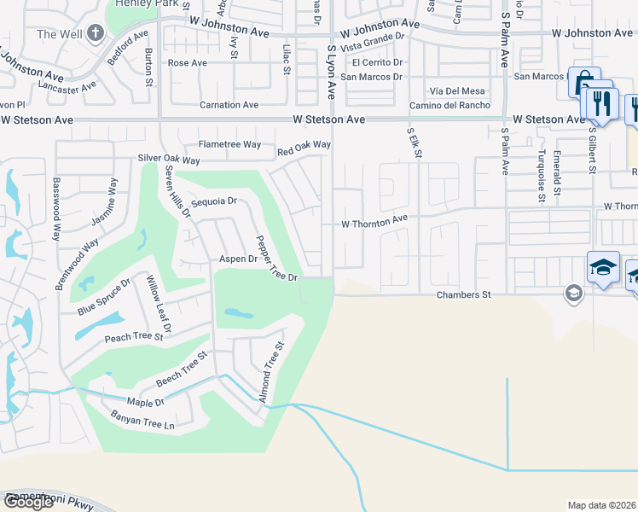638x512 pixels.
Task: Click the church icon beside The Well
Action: click(x=95, y=34)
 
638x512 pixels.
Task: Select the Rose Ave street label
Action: click(x=188, y=63)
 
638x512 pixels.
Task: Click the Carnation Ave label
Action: click(x=229, y=105)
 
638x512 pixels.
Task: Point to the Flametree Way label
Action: click(x=229, y=144)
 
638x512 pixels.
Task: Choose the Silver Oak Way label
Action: click(x=169, y=160)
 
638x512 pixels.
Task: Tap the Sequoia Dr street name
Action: click(x=213, y=202)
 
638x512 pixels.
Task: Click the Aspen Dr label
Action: click(x=238, y=259)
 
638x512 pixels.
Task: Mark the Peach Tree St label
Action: click(x=133, y=337)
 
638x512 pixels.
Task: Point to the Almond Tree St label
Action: click(x=271, y=372)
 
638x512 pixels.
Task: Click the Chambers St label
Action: click(x=464, y=295)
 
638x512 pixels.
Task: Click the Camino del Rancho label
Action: click(x=449, y=105)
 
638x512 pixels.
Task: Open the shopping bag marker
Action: click(x=584, y=84)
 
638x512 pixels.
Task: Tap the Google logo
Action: click(x=28, y=502)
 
